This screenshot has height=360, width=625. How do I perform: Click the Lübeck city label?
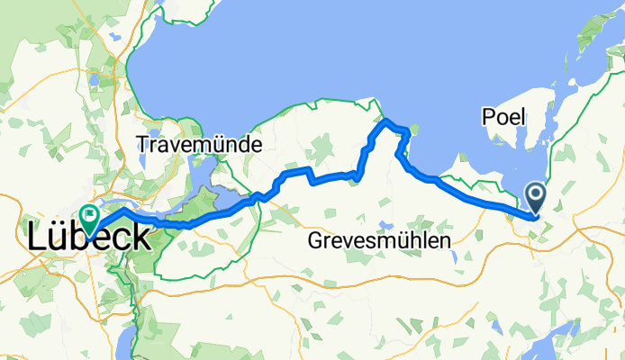[89, 238]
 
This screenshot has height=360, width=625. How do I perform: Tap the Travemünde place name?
[199, 144]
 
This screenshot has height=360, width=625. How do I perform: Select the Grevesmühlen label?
[379, 241]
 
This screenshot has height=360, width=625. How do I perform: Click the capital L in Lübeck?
[38, 238]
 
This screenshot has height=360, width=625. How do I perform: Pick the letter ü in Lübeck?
[59, 238]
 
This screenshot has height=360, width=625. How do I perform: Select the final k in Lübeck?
[139, 238]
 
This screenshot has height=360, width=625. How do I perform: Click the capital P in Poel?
[488, 118]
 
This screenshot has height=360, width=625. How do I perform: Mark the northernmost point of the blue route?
[385, 120]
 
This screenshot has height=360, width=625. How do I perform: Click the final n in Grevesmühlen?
[445, 242]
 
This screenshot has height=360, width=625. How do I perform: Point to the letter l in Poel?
[526, 118]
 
